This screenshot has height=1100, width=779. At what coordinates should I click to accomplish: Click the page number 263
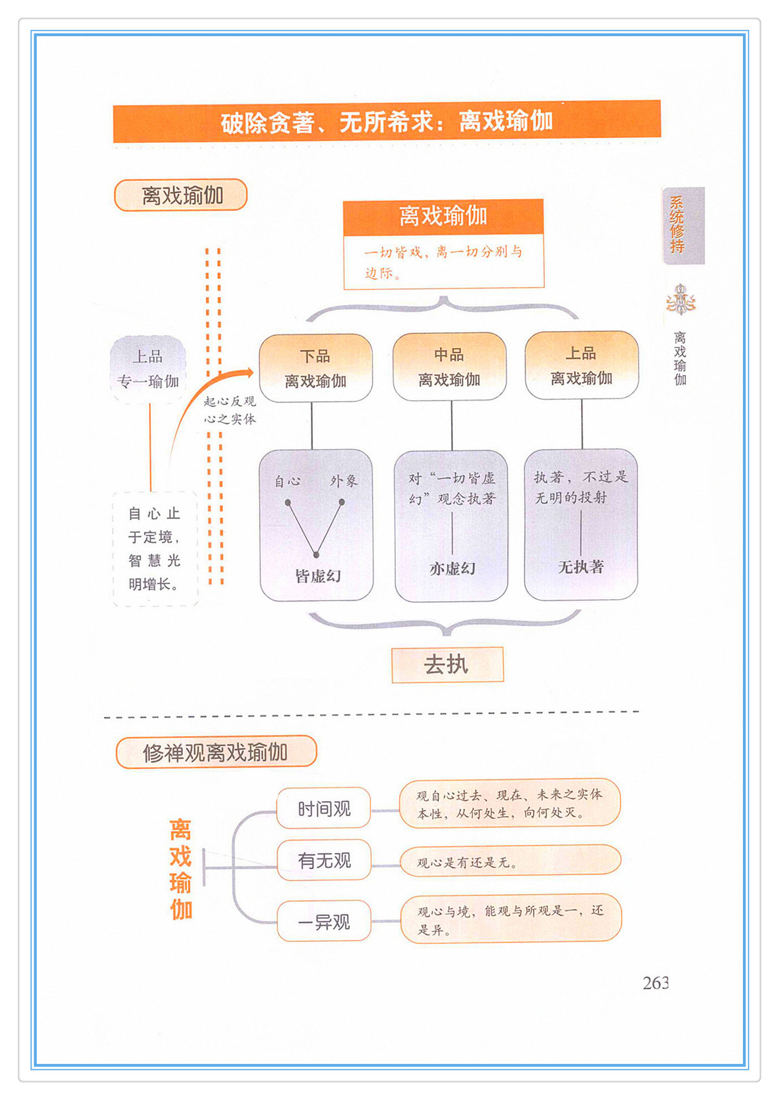click(655, 983)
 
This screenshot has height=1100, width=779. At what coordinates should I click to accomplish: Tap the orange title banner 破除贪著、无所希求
click(386, 121)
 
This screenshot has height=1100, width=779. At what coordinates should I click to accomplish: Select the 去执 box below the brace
click(447, 665)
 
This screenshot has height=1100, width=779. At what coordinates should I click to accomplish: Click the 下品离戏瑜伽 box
click(315, 368)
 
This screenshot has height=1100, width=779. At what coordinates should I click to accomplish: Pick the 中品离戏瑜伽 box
click(449, 366)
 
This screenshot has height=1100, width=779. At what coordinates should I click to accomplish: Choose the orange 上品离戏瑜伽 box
click(582, 365)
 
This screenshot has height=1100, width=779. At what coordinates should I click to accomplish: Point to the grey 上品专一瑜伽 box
click(148, 369)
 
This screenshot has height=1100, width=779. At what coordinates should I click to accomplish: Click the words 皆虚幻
click(318, 576)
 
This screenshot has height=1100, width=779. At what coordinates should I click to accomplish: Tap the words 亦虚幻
click(452, 568)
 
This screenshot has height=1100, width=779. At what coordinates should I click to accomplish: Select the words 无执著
click(581, 567)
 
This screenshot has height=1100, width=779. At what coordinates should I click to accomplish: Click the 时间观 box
click(324, 809)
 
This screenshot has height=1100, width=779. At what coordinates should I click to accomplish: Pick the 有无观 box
click(324, 860)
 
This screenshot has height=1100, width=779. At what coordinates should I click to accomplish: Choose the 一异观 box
click(324, 922)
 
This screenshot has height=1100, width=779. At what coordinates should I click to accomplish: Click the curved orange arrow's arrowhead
click(249, 373)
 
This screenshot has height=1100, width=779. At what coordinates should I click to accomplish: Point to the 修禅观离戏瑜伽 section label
click(216, 752)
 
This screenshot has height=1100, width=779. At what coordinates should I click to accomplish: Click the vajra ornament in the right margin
click(681, 301)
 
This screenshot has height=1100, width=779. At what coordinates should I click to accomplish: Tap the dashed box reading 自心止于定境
click(155, 549)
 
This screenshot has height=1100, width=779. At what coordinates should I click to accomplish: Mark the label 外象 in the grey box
click(344, 481)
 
